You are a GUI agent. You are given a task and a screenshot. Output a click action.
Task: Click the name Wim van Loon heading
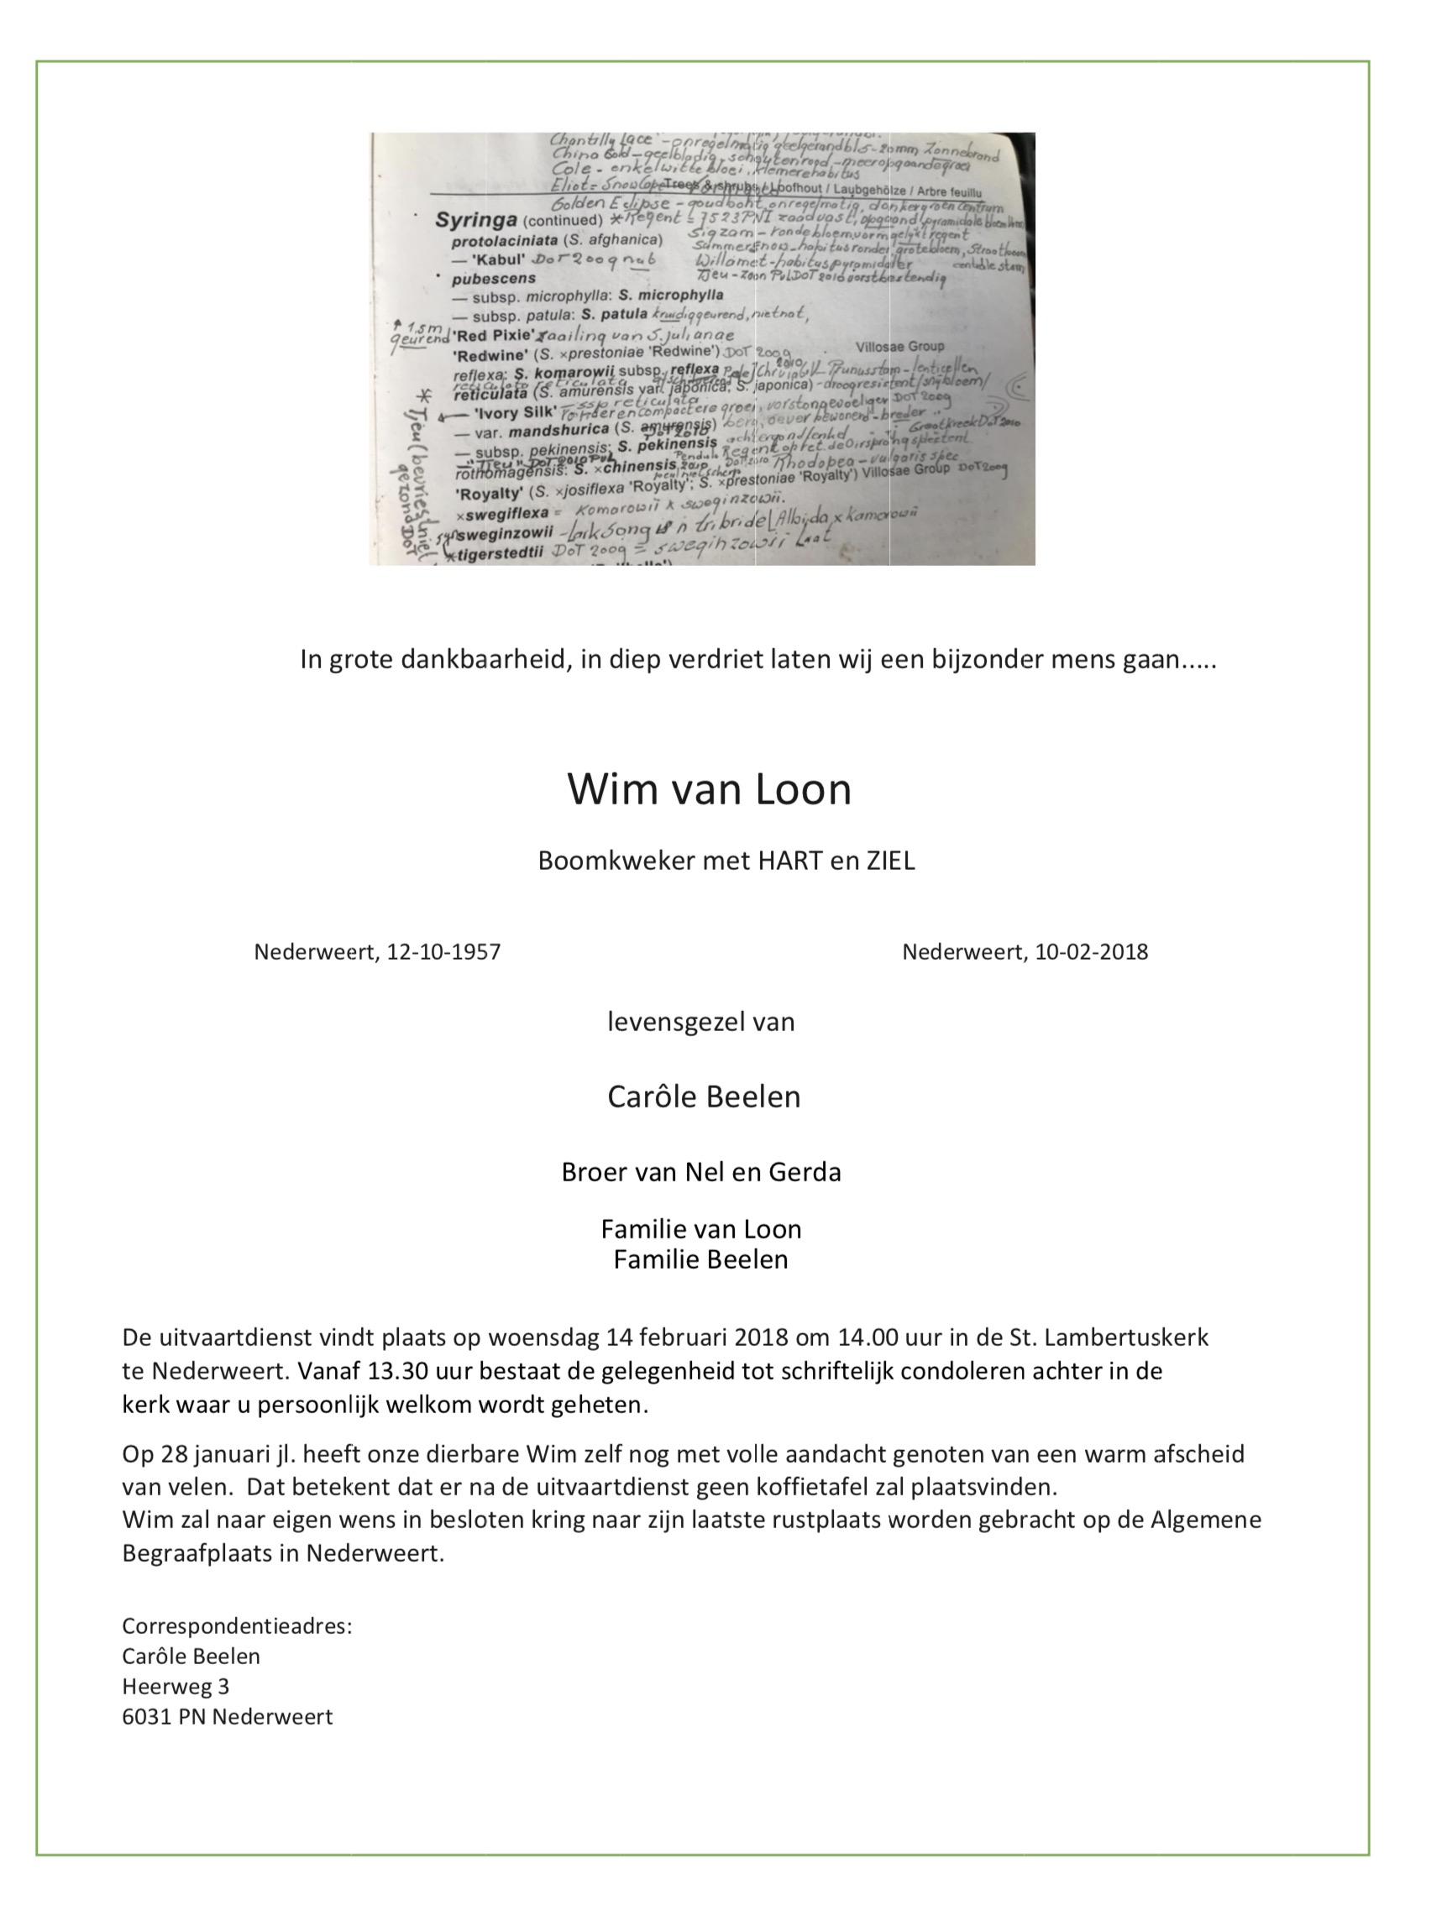pos(709,789)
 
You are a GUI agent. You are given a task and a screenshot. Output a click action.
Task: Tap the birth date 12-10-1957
pos(443,952)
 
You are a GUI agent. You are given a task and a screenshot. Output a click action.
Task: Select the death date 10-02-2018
pos(1092,952)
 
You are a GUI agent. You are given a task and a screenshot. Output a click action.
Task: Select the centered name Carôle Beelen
pos(704,1097)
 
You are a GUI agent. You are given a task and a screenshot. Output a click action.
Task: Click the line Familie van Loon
pos(700,1229)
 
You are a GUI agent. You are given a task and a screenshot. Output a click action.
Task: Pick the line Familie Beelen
pos(700,1259)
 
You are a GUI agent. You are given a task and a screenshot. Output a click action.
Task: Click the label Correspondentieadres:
pos(237,1625)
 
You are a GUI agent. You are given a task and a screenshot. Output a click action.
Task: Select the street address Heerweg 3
pos(175,1686)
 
